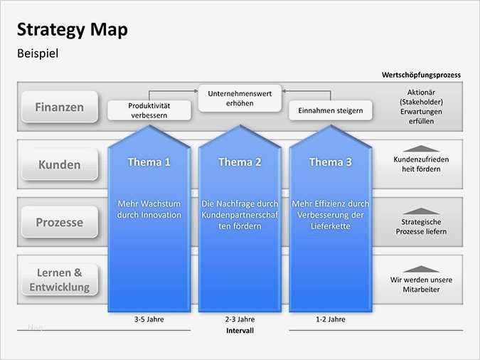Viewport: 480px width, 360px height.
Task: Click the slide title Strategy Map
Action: click(73, 30)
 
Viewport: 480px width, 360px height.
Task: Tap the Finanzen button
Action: click(59, 107)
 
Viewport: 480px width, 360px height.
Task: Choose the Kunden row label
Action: click(59, 164)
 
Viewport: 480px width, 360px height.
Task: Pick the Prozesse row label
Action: click(59, 222)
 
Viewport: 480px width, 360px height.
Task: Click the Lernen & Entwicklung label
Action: click(59, 280)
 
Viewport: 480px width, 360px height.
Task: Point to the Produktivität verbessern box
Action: click(149, 110)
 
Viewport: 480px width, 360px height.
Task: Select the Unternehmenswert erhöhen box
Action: click(240, 98)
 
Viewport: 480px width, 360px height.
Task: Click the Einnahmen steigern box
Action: click(331, 110)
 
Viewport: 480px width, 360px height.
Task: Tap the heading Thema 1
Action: click(149, 162)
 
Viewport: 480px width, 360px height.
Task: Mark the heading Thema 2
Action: click(240, 162)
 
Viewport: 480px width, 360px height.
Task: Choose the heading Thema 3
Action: click(330, 162)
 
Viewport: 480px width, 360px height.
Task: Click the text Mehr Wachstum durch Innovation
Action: click(149, 209)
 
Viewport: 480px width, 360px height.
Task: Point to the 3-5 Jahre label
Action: click(149, 319)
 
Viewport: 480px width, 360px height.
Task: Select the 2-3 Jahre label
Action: click(240, 319)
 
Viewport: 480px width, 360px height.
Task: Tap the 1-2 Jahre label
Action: click(331, 319)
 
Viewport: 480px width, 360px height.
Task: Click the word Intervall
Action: click(240, 331)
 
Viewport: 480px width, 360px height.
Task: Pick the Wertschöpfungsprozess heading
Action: click(421, 75)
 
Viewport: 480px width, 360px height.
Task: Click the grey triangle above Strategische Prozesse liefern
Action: click(421, 211)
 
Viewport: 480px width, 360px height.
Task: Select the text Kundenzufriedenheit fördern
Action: click(421, 165)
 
